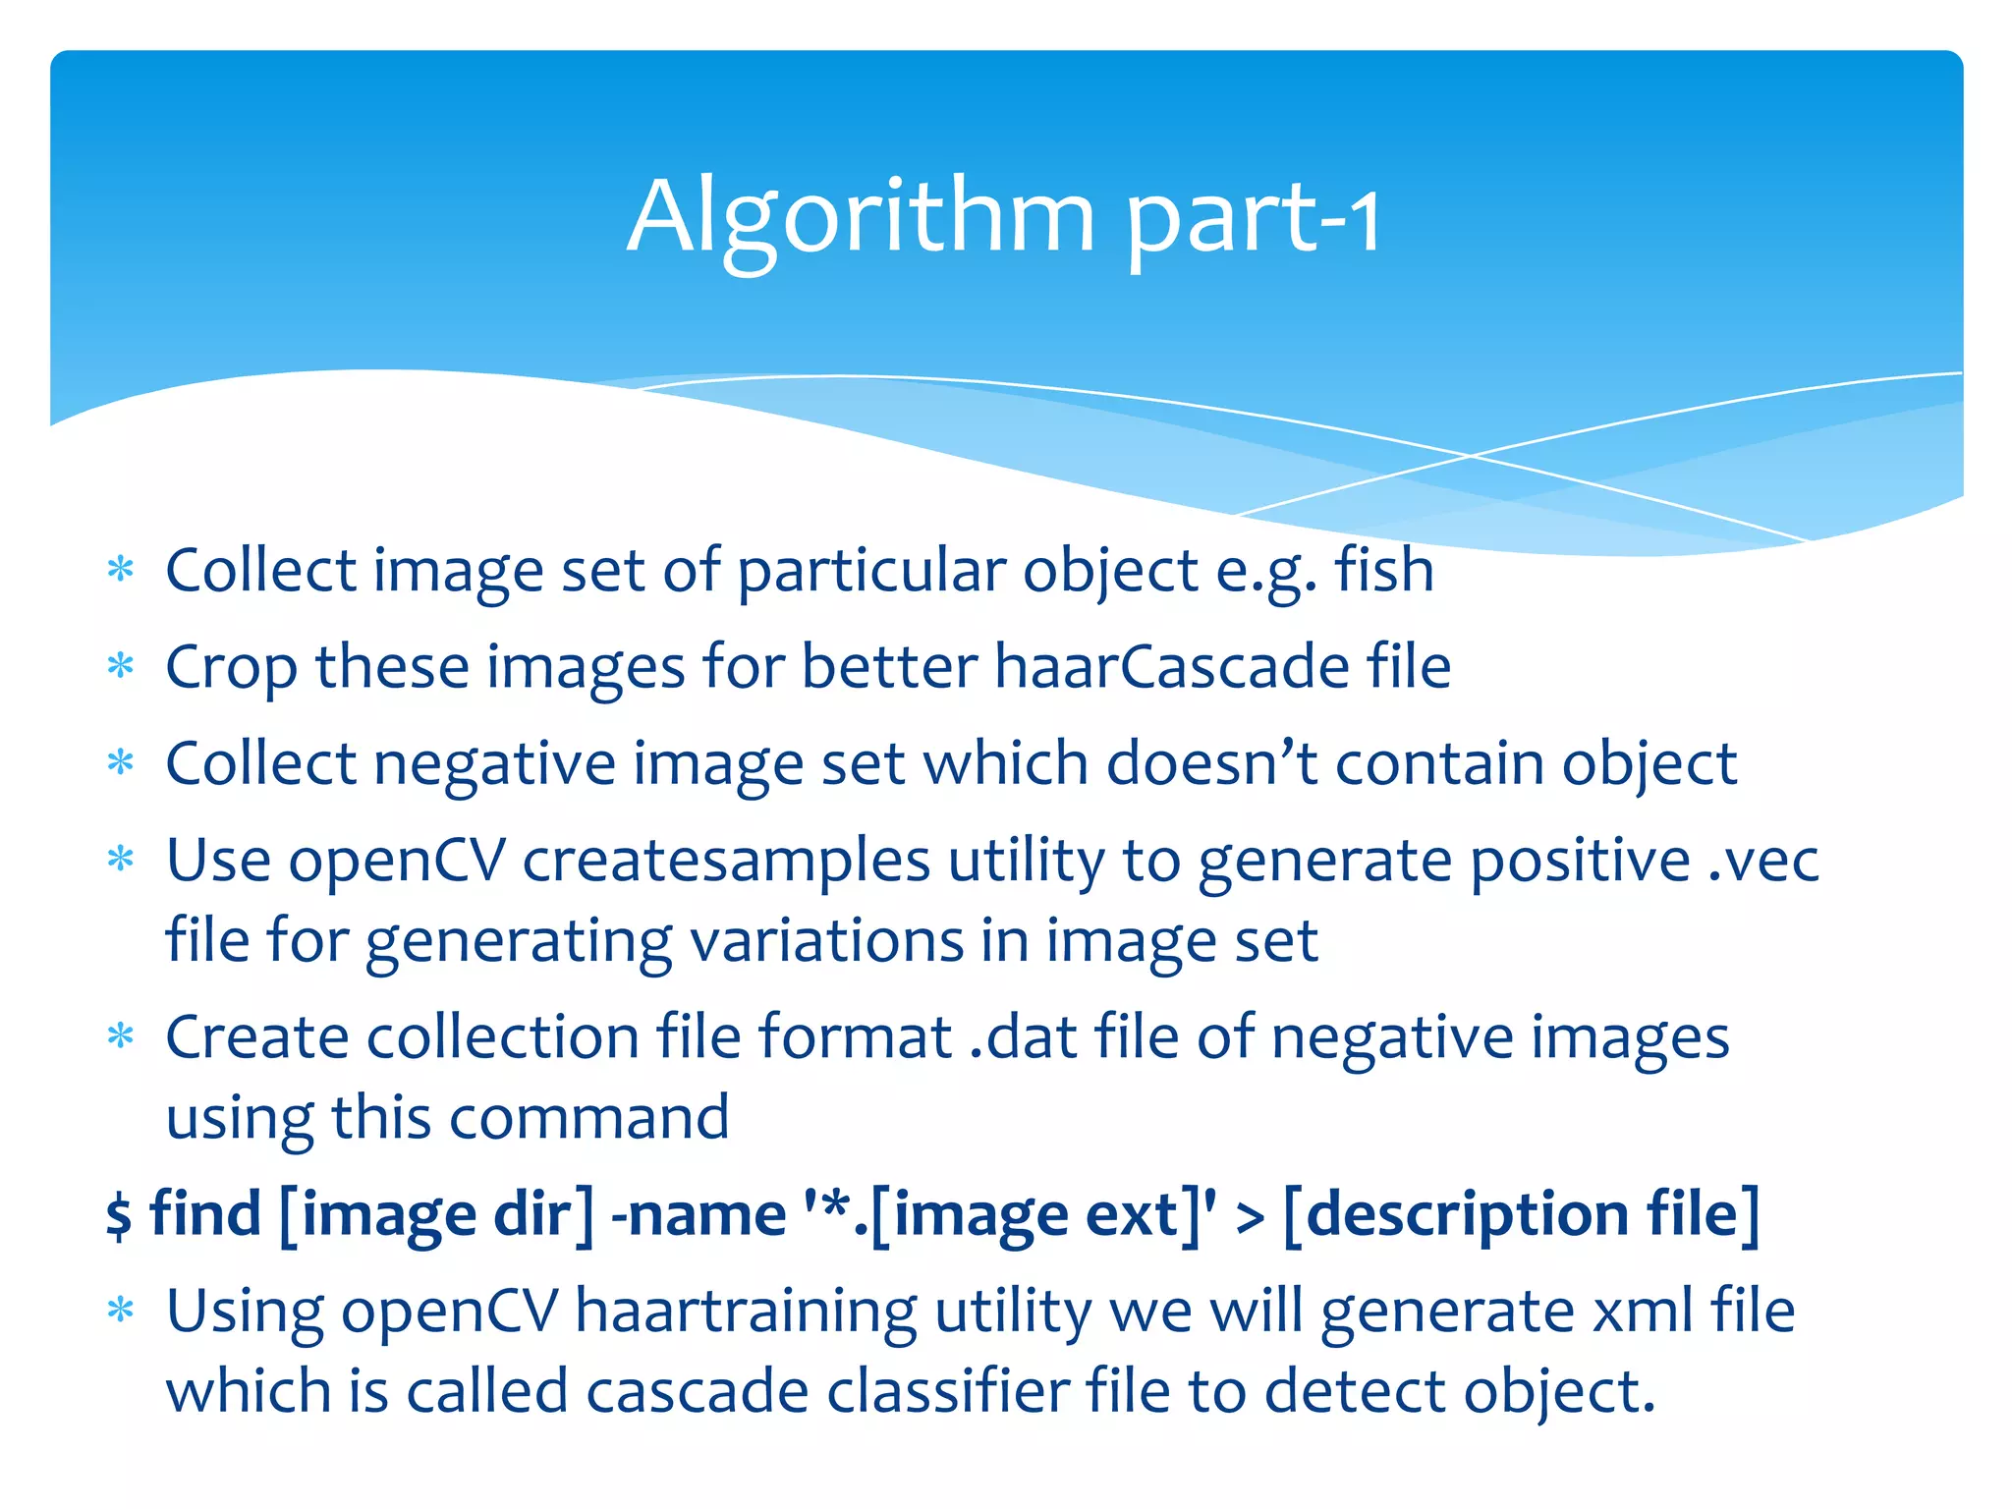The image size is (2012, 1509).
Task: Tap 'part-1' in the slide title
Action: click(x=1252, y=220)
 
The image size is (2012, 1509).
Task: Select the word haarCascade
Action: click(x=1171, y=667)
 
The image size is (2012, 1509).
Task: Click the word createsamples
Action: click(x=725, y=861)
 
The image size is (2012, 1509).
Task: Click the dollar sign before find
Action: click(x=119, y=1215)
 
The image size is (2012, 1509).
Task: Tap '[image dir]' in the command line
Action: click(x=436, y=1215)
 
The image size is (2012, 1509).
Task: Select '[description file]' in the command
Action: click(x=1521, y=1215)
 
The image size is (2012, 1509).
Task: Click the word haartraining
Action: click(x=746, y=1312)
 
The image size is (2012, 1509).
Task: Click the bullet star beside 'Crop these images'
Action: click(x=121, y=667)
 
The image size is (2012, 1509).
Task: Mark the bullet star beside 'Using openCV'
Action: click(x=121, y=1311)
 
